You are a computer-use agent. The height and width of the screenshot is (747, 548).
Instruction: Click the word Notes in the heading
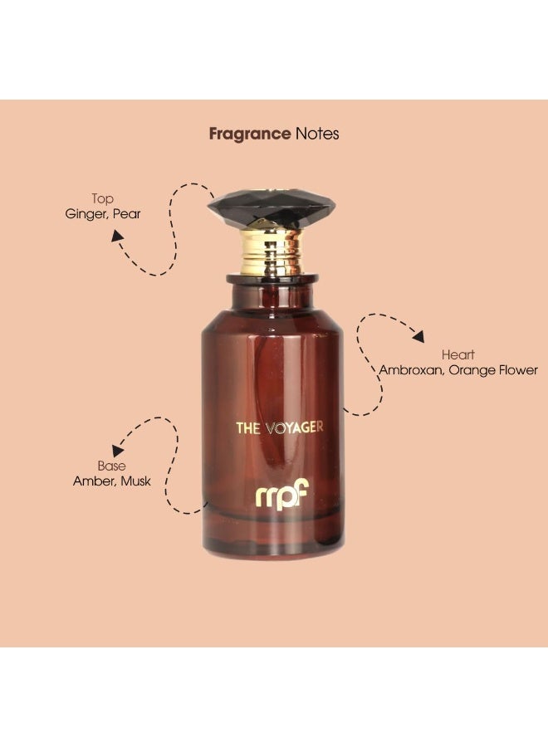(317, 133)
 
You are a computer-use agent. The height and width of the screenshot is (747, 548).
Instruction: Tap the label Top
(102, 199)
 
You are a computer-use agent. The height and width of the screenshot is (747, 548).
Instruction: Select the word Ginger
(85, 214)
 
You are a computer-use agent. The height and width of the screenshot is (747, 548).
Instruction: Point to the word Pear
(127, 214)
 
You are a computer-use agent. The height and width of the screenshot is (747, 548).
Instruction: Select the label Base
(111, 466)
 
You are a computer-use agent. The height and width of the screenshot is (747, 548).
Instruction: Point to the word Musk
(135, 481)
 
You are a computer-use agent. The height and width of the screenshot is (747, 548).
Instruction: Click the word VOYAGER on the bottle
(295, 428)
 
